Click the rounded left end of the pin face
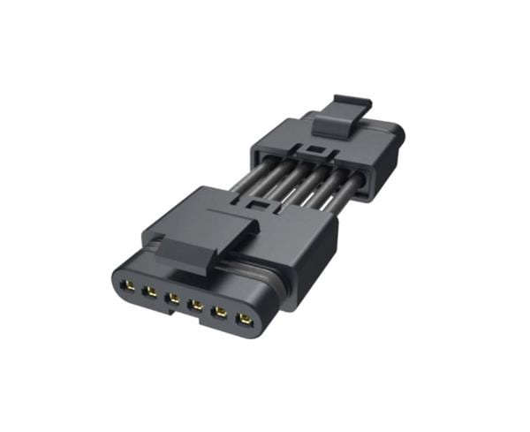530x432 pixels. click(x=113, y=281)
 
